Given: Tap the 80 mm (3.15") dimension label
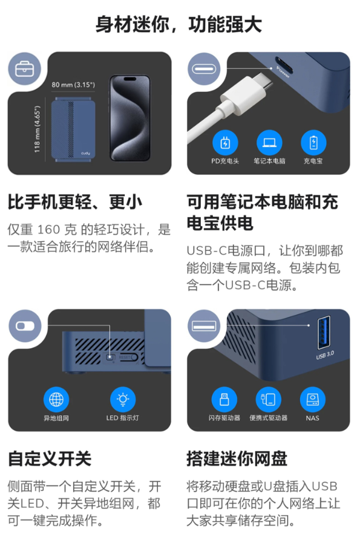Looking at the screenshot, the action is pos(73,85).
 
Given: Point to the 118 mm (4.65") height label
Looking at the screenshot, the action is pos(37,129).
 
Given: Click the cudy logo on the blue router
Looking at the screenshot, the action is pos(85,153).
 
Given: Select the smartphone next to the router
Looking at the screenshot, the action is pos(130,118).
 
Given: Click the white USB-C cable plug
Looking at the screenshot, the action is pos(246,94).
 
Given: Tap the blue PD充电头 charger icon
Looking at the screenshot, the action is pos(225,142).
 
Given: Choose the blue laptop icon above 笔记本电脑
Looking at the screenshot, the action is pos(269,142).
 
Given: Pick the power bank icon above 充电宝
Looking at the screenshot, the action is pos(313,142).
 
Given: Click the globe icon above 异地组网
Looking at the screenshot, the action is pos(56,399).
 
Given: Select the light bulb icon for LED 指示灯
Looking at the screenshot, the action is pos(123,399).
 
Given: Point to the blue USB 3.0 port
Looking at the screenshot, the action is pos(324,332).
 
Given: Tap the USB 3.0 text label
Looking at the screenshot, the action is pos(325,355).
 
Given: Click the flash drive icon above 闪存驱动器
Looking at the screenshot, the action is pos(224,399).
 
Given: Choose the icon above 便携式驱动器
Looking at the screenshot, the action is pos(269,399).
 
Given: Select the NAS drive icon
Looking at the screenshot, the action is pos(313,399).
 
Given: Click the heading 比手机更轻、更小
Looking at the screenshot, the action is pos(75,202).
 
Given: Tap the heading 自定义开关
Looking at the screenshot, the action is pos(50,458).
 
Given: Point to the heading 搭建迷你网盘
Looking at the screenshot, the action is pos(237,458).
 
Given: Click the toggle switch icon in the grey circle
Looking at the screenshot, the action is pos(25,326).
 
